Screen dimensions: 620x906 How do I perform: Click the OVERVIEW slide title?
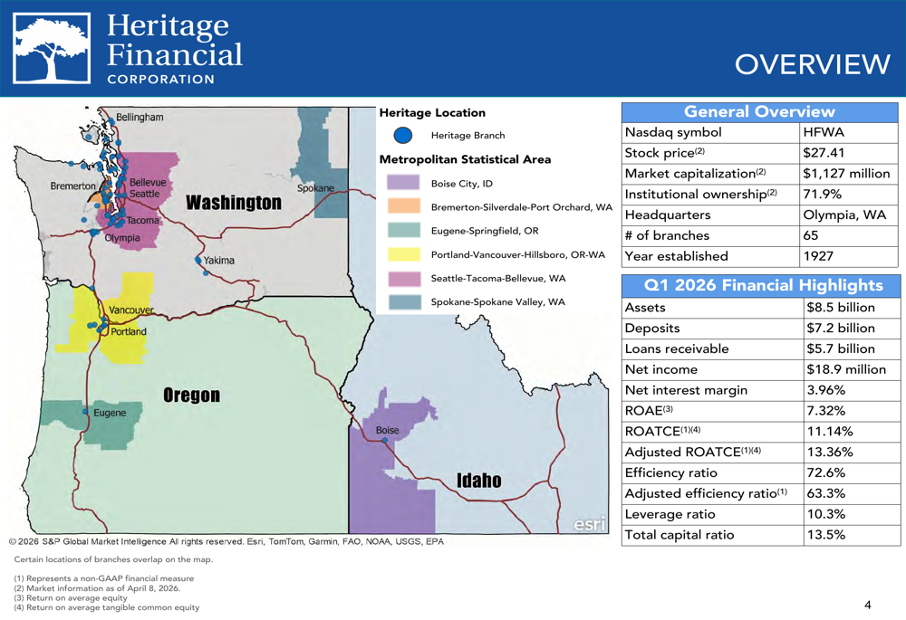click(x=813, y=64)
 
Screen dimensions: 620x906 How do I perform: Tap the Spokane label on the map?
click(x=315, y=188)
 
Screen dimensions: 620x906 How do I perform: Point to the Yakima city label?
click(x=219, y=261)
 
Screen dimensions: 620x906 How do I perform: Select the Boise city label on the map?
click(x=387, y=430)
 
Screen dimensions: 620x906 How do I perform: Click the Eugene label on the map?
click(x=110, y=413)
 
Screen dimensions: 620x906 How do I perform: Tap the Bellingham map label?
click(x=140, y=118)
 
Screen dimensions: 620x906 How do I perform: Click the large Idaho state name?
click(x=478, y=480)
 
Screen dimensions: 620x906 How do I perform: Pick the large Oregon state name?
click(x=191, y=396)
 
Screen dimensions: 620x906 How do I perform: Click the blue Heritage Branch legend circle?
click(x=403, y=136)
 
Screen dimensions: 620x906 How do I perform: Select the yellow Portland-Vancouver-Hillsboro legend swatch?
click(x=403, y=254)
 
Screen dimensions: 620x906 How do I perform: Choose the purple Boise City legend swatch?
click(x=403, y=183)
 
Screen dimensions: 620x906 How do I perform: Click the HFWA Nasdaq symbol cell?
click(x=823, y=132)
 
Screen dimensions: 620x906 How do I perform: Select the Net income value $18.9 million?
click(x=846, y=369)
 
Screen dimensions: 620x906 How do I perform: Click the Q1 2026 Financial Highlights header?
click(x=762, y=285)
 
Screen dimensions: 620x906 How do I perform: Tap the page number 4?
click(x=867, y=605)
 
